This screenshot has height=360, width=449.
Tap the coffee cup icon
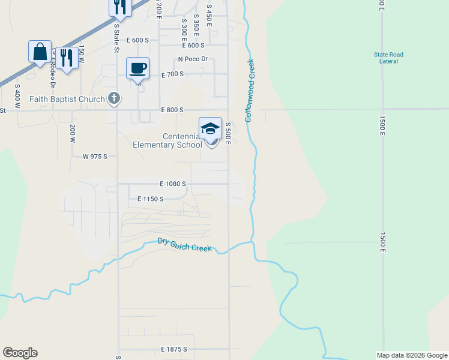pos(137,68)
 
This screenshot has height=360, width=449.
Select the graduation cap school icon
pos(210,128)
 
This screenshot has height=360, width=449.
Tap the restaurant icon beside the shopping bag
pos(67,58)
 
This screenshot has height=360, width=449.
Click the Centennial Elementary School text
pos(167,140)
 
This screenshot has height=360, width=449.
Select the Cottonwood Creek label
pos(249,90)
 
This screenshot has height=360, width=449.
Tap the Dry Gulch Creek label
pos(184,245)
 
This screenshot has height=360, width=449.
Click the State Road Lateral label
pos(388,58)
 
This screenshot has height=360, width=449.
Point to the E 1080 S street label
pos(173,184)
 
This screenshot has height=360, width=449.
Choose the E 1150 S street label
pos(151,199)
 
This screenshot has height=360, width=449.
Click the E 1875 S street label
pos(174,349)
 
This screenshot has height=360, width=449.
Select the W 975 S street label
pos(95,156)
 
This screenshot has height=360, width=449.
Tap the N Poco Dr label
pos(193,59)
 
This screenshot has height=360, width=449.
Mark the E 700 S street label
pos(172,74)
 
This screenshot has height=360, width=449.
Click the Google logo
pos(20,353)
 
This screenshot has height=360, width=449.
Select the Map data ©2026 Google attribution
pos(412,355)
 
